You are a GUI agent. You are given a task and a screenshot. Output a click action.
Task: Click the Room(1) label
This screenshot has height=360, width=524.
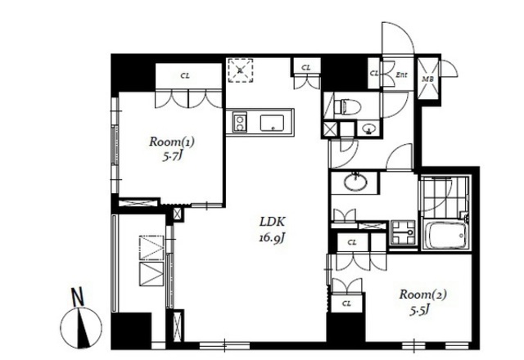pyautogui.click(x=172, y=142)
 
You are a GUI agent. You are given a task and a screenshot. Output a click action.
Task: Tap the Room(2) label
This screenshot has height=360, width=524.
pyautogui.click(x=423, y=295)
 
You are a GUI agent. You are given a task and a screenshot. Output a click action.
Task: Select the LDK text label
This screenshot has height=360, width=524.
pyautogui.click(x=273, y=222)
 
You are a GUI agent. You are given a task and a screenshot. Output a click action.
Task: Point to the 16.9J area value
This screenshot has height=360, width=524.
pyautogui.click(x=272, y=238)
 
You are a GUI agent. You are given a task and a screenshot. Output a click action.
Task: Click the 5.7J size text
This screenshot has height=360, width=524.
pyautogui.click(x=172, y=156)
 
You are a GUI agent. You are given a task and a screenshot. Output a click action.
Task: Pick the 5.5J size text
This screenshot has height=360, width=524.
pyautogui.click(x=420, y=311)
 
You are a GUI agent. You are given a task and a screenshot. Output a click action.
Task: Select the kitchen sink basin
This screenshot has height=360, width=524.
pyautogui.click(x=272, y=123)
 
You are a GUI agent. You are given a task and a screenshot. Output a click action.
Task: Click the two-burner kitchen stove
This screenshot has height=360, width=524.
pyautogui.click(x=239, y=122)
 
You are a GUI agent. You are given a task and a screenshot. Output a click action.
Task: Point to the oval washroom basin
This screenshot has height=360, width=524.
pyautogui.click(x=356, y=182)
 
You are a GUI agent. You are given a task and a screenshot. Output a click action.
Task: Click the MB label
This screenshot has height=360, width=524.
pyautogui.click(x=427, y=79)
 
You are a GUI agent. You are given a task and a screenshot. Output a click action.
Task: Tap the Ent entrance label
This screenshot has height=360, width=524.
pyautogui.click(x=401, y=74)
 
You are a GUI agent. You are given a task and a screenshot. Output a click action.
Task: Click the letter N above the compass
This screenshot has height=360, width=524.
pyautogui.click(x=79, y=297)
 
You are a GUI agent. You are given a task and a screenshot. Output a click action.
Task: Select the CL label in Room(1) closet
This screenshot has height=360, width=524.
pyautogui.click(x=185, y=76)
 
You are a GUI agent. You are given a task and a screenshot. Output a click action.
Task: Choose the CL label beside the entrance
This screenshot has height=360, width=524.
pyautogui.click(x=374, y=73)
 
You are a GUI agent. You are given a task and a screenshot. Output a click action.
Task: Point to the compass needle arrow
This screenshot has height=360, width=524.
pyautogui.click(x=84, y=327)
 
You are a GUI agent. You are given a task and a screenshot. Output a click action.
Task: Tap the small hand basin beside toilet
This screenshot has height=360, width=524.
pyautogui.click(x=369, y=128)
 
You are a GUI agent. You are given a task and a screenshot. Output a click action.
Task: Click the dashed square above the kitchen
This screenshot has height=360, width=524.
pyautogui.click(x=240, y=70)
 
